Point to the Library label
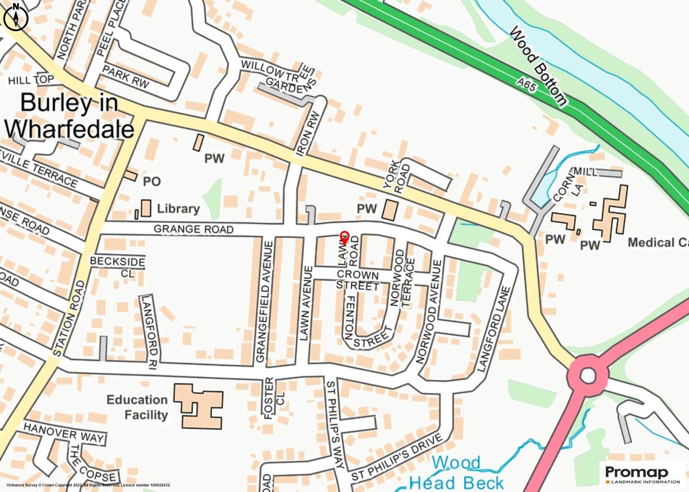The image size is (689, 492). (x=178, y=209)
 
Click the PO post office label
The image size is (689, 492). (x=152, y=181)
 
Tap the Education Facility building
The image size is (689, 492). (x=199, y=406)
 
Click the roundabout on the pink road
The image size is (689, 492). (x=587, y=376)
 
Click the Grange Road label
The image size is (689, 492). (x=193, y=230)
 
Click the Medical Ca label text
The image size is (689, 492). (x=658, y=243)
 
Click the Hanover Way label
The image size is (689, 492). (x=64, y=433)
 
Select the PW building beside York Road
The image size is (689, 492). (x=390, y=210)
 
